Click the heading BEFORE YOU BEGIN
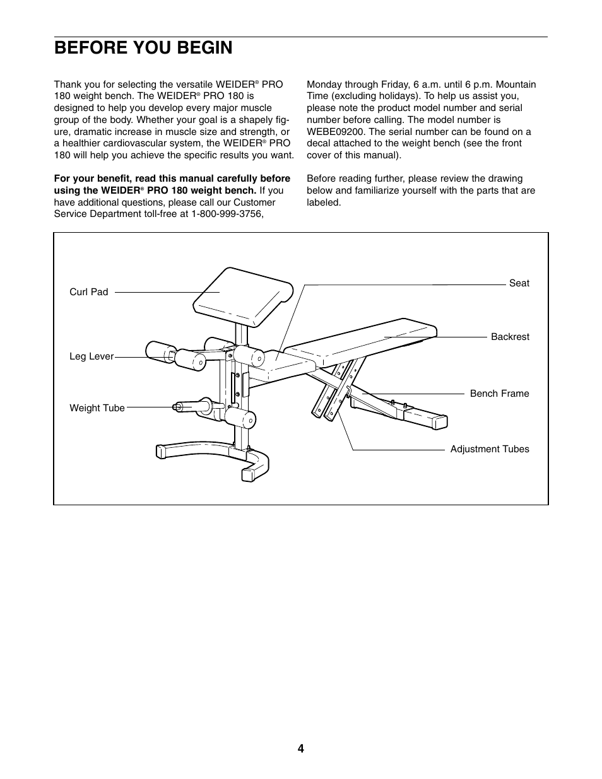click(x=143, y=48)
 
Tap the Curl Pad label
click(x=88, y=292)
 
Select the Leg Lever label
click(x=91, y=356)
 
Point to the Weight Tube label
click(x=97, y=408)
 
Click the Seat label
click(x=519, y=283)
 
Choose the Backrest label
click(x=510, y=337)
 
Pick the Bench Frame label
click(x=499, y=394)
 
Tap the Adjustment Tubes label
click(x=490, y=449)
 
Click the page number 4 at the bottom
click(x=301, y=749)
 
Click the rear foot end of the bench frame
click(x=434, y=420)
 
